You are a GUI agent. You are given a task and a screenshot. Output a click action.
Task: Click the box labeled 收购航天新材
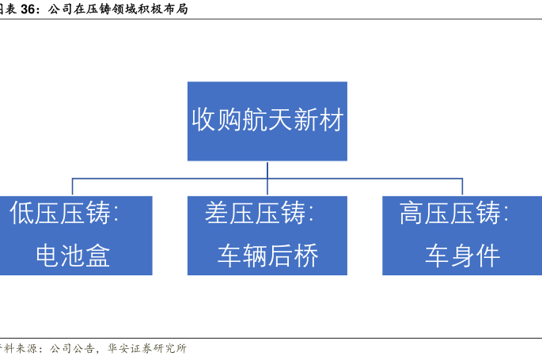267,121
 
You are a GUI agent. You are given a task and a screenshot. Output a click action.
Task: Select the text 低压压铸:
64,213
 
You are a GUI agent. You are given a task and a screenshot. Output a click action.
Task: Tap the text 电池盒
73,256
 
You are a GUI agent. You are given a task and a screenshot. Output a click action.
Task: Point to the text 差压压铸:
259,213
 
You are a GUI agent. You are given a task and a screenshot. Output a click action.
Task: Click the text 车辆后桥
267,256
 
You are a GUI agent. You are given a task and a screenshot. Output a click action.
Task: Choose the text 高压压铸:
454,213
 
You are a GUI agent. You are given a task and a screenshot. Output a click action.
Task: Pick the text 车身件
463,256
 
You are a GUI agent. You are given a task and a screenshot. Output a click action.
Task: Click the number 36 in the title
28,9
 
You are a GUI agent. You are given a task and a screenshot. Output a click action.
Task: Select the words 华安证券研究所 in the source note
147,348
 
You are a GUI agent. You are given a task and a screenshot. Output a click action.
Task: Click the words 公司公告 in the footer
72,348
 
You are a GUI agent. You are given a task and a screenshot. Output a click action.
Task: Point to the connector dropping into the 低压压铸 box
72,187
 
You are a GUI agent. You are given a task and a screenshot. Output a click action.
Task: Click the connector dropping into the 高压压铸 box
463,187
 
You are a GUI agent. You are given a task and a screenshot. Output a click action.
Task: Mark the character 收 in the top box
204,119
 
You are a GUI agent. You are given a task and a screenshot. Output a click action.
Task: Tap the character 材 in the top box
331,119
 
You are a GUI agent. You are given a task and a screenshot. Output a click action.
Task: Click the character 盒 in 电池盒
98,256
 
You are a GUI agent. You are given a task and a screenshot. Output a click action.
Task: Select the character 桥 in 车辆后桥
305,256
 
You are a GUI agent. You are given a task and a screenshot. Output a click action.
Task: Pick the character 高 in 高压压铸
412,213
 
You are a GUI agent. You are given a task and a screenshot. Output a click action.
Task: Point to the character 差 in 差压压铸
217,213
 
